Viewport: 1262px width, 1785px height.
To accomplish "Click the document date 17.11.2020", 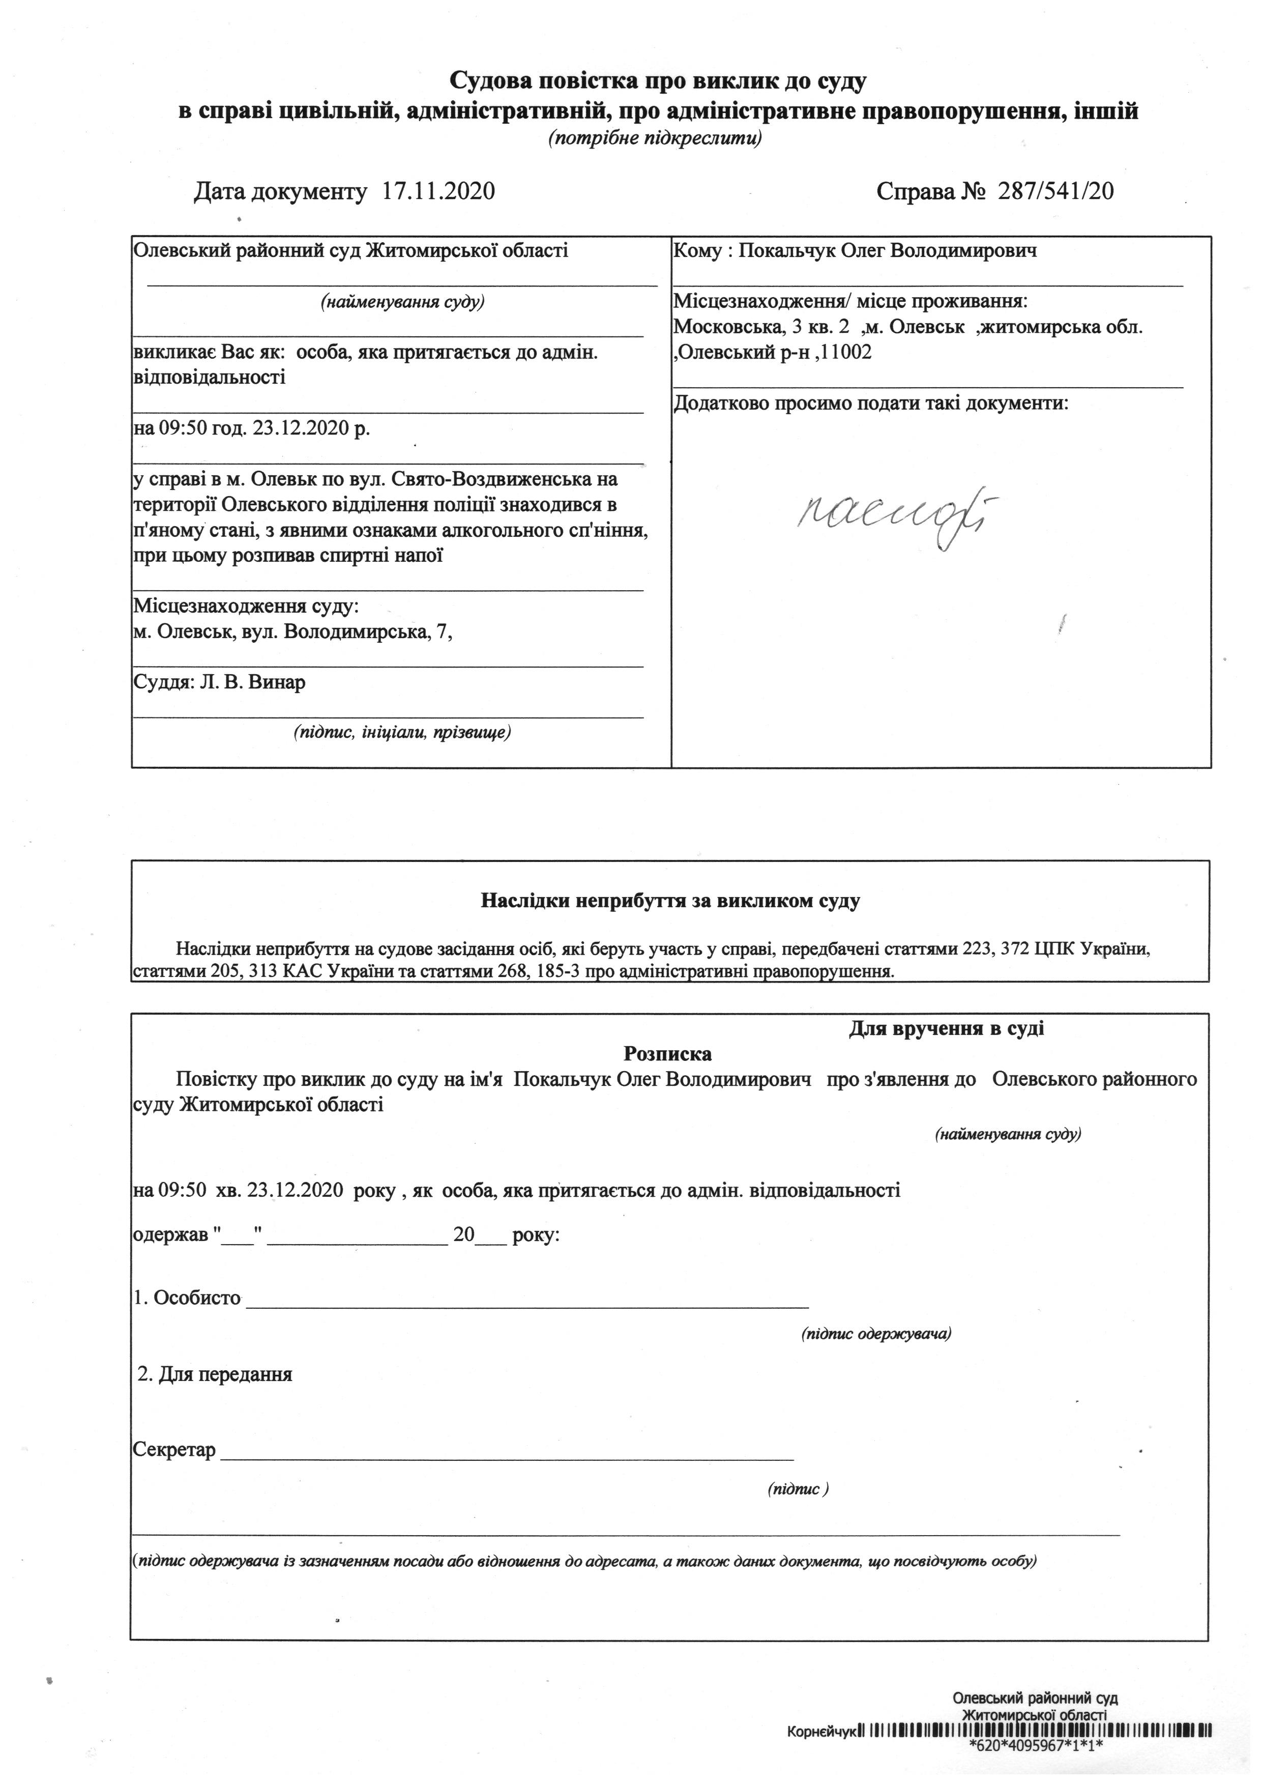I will pyautogui.click(x=439, y=191).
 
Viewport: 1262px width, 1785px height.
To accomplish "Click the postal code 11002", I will pyautogui.click(x=846, y=352).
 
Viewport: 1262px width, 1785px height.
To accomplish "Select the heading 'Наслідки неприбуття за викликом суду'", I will pyautogui.click(x=670, y=901).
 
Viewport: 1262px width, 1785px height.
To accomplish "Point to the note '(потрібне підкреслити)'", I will pyautogui.click(x=654, y=139).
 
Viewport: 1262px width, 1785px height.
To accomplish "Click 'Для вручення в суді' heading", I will pyautogui.click(x=946, y=1028).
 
